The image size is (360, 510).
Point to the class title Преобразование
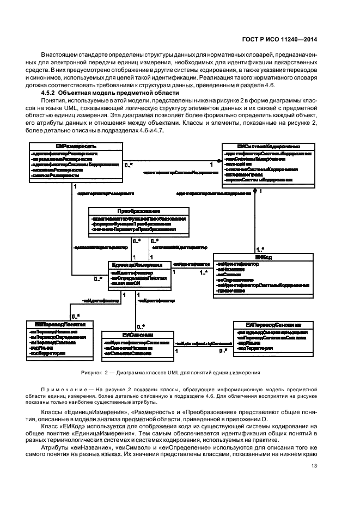139,211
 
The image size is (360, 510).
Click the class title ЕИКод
263,256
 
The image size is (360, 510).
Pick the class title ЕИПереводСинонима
273,324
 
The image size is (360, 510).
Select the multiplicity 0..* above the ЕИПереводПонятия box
75,316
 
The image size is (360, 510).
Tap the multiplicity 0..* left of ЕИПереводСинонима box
222,350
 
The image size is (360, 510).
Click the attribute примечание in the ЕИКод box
230,291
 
